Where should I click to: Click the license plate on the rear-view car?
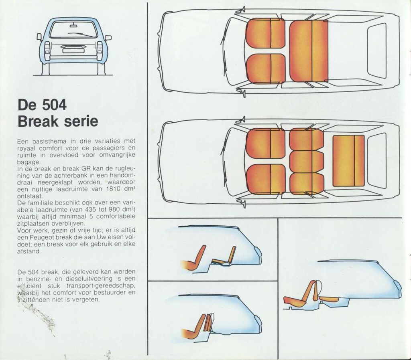73,50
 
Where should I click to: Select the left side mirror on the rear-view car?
39,37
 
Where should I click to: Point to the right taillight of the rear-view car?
100,51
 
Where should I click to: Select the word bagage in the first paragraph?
29,162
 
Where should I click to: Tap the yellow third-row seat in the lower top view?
348,160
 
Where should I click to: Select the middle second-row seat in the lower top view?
306,161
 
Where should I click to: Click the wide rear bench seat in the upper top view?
308,51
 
